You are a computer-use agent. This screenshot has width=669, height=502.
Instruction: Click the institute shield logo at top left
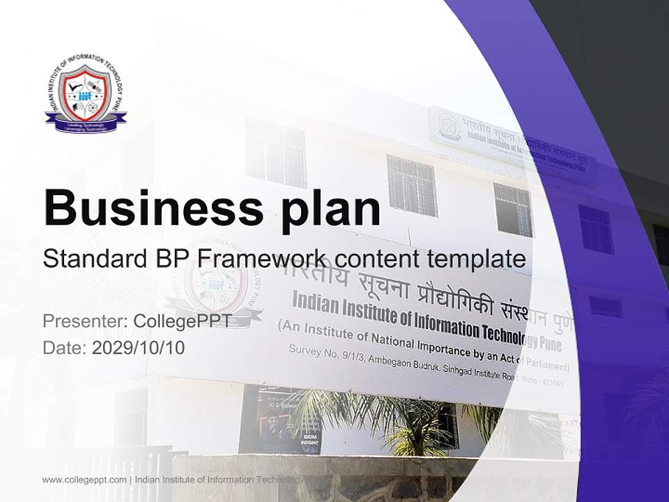click(86, 98)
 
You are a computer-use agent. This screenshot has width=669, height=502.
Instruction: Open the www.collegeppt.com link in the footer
click(84, 480)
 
